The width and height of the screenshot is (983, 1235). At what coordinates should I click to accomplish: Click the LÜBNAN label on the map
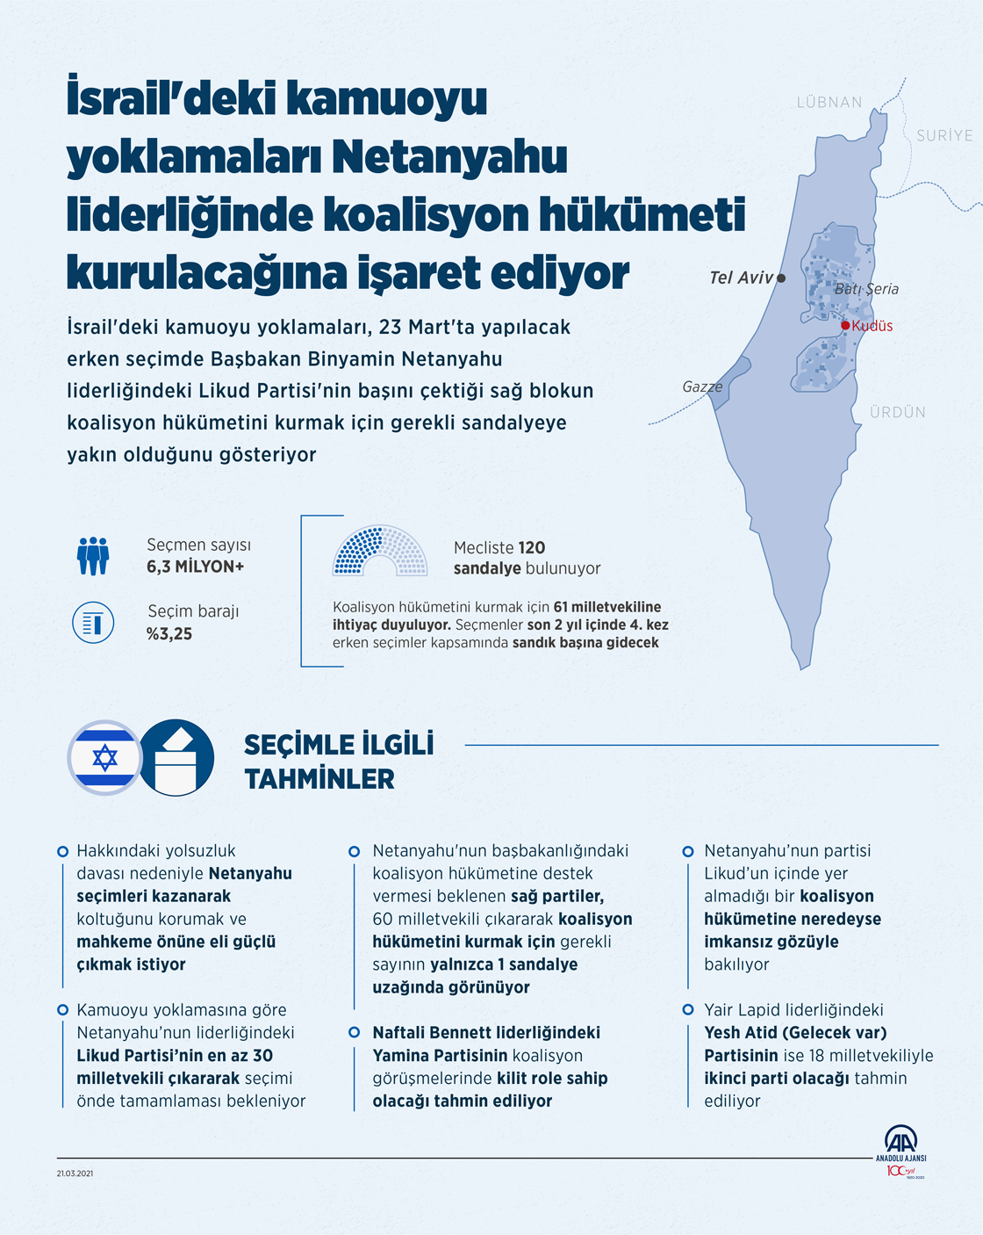pyautogui.click(x=829, y=103)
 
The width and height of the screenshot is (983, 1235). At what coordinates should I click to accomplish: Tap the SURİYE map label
pyautogui.click(x=944, y=136)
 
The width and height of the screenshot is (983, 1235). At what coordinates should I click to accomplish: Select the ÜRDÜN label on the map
pyautogui.click(x=897, y=412)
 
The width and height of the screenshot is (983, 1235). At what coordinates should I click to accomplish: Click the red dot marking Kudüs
pyautogui.click(x=845, y=326)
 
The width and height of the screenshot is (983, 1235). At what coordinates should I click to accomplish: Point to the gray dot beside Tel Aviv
pyautogui.click(x=781, y=278)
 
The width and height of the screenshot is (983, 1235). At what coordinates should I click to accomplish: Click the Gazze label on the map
pyautogui.click(x=702, y=386)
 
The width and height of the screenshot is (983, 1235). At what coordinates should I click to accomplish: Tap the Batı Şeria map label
pyautogui.click(x=866, y=289)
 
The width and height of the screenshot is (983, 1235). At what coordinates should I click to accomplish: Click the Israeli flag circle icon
pyautogui.click(x=105, y=757)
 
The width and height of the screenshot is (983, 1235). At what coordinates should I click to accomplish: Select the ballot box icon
pyautogui.click(x=177, y=757)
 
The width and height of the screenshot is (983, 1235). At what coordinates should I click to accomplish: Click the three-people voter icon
pyautogui.click(x=93, y=556)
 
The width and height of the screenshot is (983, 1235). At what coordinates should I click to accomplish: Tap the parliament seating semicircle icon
pyautogui.click(x=380, y=552)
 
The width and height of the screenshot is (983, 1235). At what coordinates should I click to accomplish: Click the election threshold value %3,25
pyautogui.click(x=169, y=634)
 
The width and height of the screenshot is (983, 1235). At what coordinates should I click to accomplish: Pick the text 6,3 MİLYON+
pyautogui.click(x=195, y=567)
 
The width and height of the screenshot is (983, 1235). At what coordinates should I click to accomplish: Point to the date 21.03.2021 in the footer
pyautogui.click(x=75, y=1174)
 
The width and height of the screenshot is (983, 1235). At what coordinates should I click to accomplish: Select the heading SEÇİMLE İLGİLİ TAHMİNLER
pyautogui.click(x=339, y=762)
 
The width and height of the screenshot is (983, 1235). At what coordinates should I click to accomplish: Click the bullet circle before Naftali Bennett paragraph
pyautogui.click(x=355, y=1032)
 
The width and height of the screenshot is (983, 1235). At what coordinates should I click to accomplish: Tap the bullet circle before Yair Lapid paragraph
pyautogui.click(x=688, y=1010)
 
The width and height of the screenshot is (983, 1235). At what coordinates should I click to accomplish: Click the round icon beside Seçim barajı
pyautogui.click(x=93, y=623)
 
